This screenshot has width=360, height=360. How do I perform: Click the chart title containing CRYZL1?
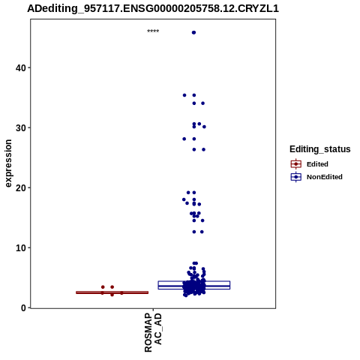(x=153, y=8)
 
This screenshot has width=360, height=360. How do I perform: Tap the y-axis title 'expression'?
(x=8, y=163)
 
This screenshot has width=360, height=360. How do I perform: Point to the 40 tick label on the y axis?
(x=21, y=67)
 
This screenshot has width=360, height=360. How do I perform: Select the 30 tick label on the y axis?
(x=21, y=127)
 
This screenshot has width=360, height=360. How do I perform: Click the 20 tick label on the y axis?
(x=21, y=187)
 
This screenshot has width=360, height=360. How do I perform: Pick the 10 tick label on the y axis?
(x=21, y=247)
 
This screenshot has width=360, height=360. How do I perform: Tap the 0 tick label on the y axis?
(x=23, y=307)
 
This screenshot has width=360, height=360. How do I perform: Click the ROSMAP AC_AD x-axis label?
(x=153, y=332)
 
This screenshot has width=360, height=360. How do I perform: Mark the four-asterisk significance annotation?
(x=153, y=31)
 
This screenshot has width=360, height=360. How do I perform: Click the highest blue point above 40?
(x=193, y=32)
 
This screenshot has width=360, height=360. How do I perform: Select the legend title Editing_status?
(x=320, y=149)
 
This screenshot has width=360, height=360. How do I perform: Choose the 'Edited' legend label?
(x=317, y=164)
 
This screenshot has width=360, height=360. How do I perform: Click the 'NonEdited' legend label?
(x=325, y=177)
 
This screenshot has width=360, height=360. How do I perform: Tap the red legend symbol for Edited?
(x=296, y=164)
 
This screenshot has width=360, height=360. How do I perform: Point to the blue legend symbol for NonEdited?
(x=296, y=177)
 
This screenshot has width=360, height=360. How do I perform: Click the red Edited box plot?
(x=112, y=292)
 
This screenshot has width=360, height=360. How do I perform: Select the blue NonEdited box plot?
(x=194, y=285)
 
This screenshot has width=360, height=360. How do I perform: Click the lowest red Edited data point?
(x=112, y=295)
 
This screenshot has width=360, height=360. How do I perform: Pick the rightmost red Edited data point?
(x=121, y=293)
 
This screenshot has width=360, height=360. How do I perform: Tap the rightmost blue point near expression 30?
(x=204, y=127)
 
